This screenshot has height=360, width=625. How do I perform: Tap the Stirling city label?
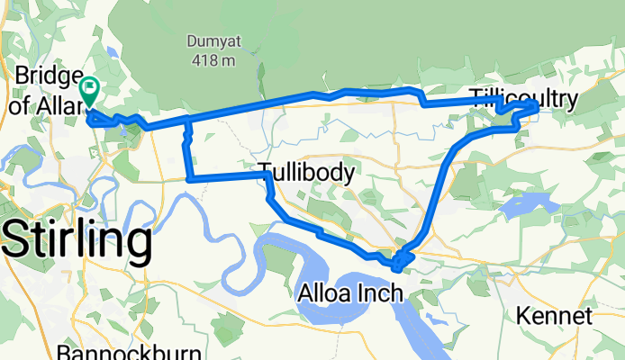pyautogui.click(x=77, y=240)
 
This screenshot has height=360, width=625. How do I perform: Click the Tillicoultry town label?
pyautogui.click(x=522, y=97)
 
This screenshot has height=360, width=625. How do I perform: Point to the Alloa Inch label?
pyautogui.click(x=347, y=293)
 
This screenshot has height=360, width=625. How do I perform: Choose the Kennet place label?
pyautogui.click(x=556, y=316)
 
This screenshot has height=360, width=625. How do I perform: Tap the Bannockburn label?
pyautogui.click(x=113, y=351)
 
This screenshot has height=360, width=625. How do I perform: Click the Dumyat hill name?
pyautogui.click(x=210, y=41)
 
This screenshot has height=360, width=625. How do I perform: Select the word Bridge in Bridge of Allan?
pyautogui.click(x=46, y=74)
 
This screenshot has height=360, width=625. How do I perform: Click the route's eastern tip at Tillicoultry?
pyautogui.click(x=536, y=108)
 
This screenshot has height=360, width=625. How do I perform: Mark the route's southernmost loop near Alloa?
pyautogui.click(x=397, y=264)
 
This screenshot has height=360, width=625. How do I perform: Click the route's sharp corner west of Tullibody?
pyautogui.click(x=189, y=178)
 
